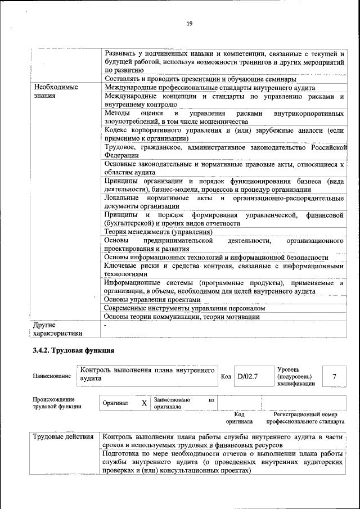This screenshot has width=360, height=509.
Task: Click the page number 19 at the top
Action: tap(190, 23)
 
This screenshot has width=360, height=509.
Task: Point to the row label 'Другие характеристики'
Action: tap(57, 329)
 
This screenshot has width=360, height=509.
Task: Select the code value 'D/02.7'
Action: tap(247, 376)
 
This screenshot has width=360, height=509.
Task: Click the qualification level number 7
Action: tap(334, 376)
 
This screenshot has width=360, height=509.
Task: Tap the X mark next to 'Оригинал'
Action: tap(144, 403)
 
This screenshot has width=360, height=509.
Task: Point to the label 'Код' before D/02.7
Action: tap(226, 376)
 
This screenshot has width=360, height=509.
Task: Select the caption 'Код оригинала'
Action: tap(239, 417)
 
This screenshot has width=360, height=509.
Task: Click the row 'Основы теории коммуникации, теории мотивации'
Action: tap(182, 317)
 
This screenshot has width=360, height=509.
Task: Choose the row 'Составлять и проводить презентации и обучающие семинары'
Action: tap(201, 79)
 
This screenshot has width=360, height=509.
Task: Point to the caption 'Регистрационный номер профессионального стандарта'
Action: tap(305, 417)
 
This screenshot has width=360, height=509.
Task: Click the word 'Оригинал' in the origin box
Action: tap(116, 403)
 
